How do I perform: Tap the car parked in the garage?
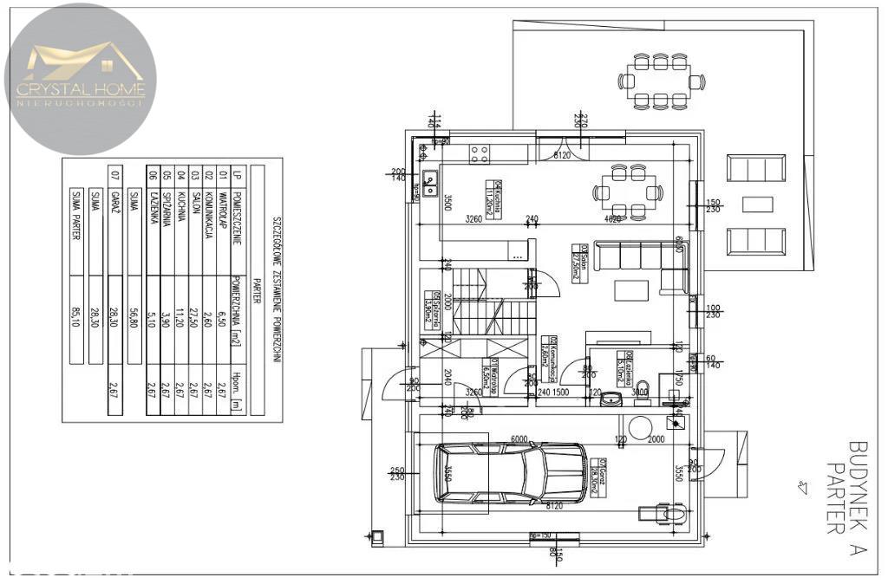click(511, 473)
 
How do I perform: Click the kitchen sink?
click(429, 181)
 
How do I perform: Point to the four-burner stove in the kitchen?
click(480, 154)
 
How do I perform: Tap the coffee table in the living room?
click(630, 290)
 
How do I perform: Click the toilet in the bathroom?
click(643, 389)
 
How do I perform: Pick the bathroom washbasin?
click(612, 399)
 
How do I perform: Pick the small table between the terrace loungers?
click(756, 204)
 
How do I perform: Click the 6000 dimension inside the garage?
click(519, 439)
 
